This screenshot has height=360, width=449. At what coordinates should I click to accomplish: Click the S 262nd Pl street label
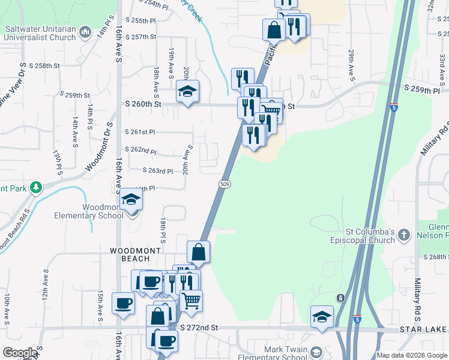[140, 151]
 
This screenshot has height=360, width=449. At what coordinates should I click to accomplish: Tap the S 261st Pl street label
[140, 132]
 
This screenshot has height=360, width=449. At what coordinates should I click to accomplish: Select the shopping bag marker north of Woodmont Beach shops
[197, 252]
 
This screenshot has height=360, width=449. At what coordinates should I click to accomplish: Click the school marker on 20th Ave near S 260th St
[187, 92]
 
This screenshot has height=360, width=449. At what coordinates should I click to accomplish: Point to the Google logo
[20, 353]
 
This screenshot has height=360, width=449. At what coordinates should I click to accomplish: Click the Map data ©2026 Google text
[411, 355]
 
